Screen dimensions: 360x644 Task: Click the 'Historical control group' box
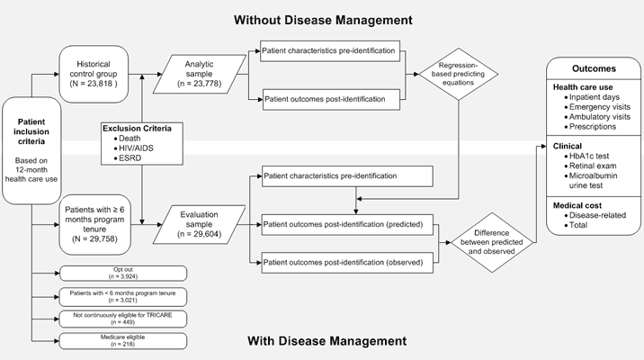coord(96,70)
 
